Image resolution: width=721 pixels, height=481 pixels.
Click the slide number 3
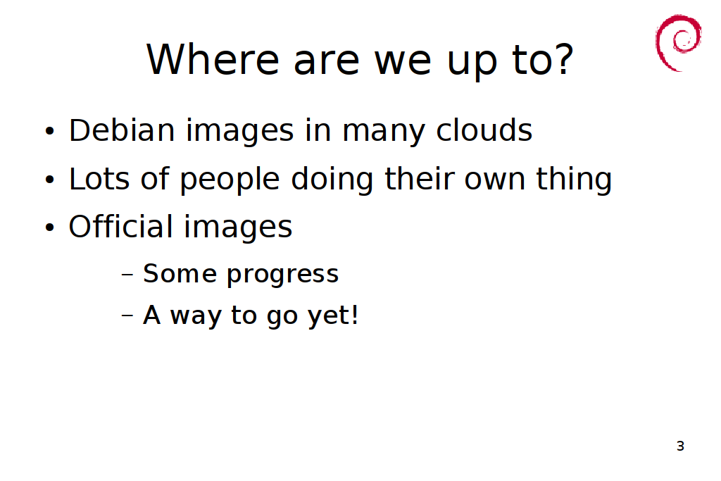coord(681,446)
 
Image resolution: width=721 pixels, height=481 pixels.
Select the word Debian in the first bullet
coord(122,130)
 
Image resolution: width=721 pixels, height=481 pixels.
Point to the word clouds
coord(484,130)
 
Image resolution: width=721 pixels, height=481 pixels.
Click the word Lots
coord(99,178)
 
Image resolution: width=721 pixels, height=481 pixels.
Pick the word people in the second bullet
coord(230,180)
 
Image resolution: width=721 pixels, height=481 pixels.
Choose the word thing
coord(574,180)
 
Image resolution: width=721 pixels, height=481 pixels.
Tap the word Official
coord(120,226)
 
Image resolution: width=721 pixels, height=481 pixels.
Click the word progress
coord(283,275)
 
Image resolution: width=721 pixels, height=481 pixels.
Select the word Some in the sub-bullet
coord(180,274)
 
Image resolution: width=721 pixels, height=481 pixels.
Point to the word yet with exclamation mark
coord(332,316)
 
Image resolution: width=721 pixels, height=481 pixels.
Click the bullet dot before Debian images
coord(50,131)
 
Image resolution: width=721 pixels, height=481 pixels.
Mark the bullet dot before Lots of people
coord(50,180)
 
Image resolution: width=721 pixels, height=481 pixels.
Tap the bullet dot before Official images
coord(50,227)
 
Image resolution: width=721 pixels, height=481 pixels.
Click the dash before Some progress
coord(127,275)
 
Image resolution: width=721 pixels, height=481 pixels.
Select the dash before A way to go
coord(127,316)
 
